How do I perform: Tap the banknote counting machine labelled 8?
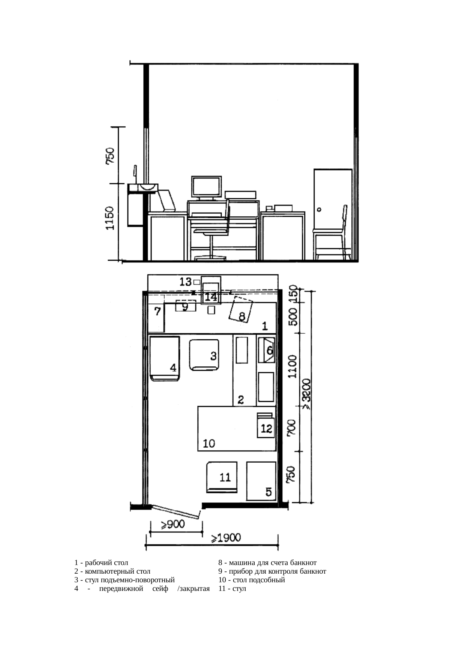(241, 309)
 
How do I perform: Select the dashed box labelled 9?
(186, 306)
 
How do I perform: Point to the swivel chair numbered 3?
(204, 355)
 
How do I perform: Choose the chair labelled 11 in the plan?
(222, 477)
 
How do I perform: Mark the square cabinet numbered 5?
(261, 481)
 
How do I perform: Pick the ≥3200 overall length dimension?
(306, 394)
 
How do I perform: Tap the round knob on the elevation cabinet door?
(319, 210)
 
